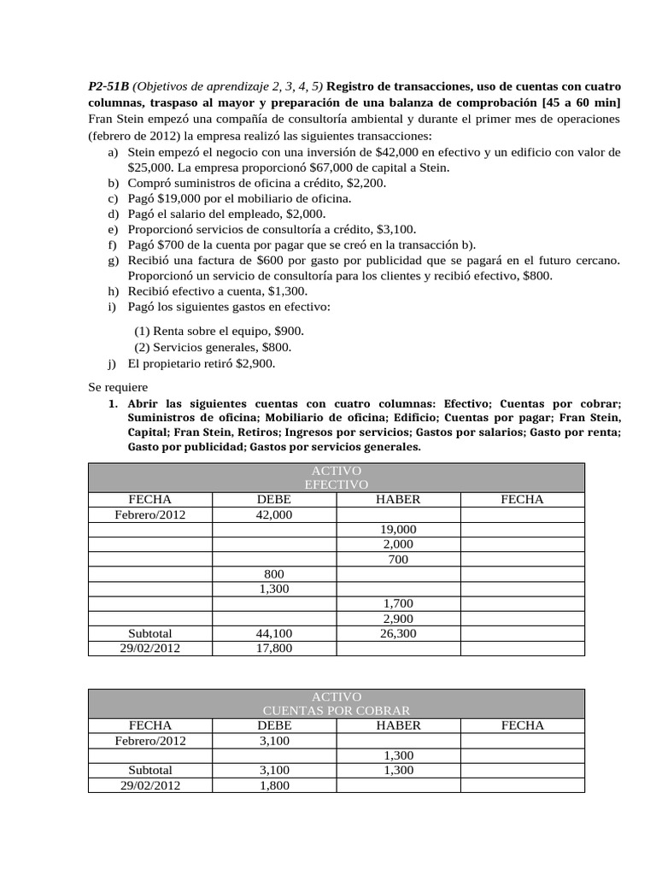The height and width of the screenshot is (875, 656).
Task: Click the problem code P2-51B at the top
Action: [108, 87]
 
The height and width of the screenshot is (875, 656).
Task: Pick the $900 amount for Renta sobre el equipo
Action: [287, 332]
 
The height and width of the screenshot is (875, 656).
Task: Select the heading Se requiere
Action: [118, 387]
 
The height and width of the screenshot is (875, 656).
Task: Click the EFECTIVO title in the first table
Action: [336, 484]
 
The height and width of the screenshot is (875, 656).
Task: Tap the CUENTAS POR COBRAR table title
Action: [336, 711]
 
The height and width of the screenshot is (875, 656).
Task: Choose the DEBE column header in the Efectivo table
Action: [274, 500]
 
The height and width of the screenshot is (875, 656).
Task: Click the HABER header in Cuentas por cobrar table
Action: [398, 725]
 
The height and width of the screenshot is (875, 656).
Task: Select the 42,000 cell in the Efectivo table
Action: [274, 515]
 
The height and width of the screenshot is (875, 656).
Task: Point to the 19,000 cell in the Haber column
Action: [398, 530]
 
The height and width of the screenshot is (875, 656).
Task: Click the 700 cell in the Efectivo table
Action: [398, 560]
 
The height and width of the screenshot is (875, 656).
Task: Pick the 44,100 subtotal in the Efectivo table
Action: [274, 634]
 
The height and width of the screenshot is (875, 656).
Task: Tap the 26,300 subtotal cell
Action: [398, 634]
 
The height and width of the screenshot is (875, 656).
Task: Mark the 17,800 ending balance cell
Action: [274, 649]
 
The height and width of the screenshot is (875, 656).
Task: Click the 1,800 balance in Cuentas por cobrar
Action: [274, 785]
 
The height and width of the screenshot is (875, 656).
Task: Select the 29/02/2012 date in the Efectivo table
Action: [149, 649]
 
